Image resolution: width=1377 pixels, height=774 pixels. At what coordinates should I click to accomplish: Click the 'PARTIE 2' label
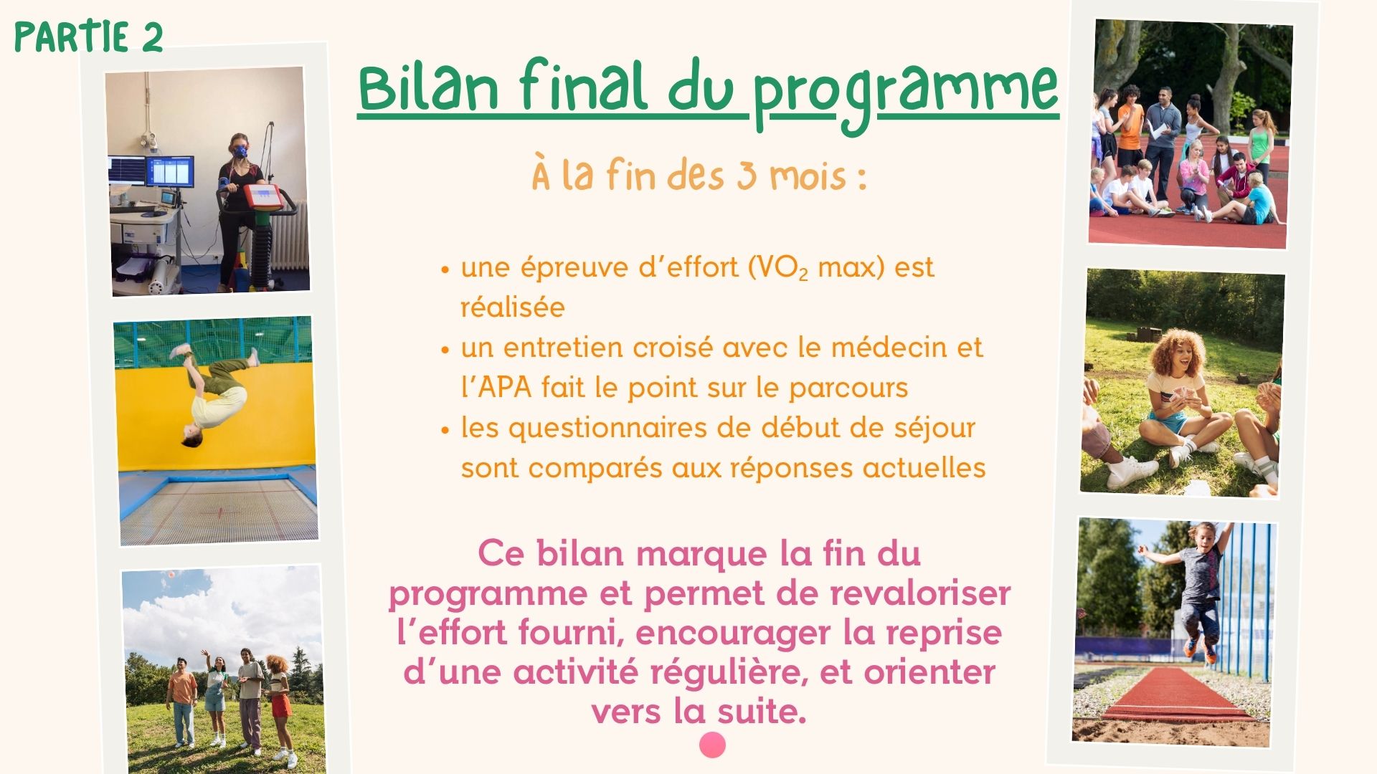pos(89,37)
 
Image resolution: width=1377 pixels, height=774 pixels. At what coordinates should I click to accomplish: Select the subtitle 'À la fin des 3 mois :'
pos(699,176)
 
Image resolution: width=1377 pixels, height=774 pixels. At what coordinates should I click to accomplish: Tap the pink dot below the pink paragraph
pos(712,745)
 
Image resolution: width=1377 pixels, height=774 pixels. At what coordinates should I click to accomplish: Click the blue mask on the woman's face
pos(240,151)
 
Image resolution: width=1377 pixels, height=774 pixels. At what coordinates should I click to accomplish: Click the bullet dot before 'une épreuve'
pos(445,271)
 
